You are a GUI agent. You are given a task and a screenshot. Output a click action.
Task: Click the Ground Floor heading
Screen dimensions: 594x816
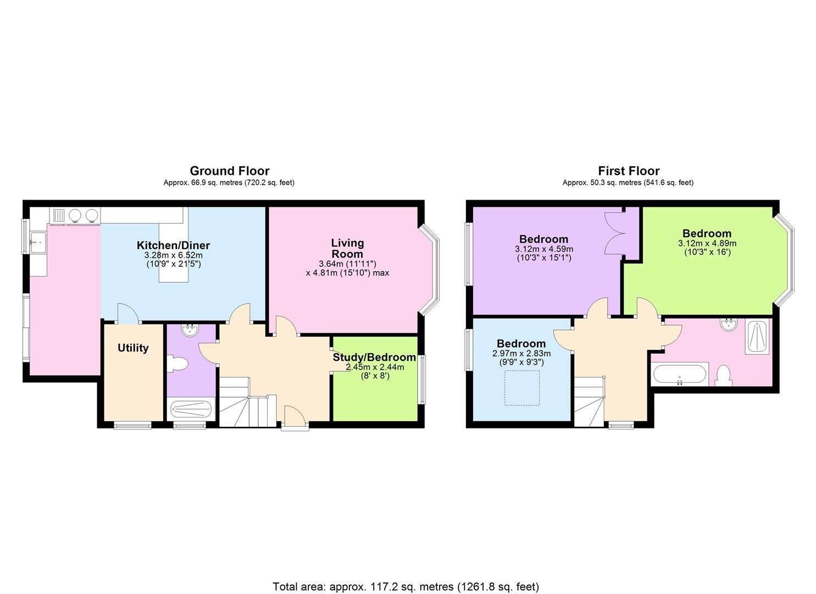[229, 170]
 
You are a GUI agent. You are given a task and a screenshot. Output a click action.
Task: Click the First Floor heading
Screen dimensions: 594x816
[628, 170]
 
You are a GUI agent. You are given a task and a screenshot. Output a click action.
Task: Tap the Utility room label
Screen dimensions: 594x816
[133, 348]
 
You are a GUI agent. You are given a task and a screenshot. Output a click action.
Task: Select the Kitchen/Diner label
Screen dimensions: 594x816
[173, 245]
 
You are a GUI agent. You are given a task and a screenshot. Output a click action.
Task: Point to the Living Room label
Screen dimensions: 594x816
[347, 248]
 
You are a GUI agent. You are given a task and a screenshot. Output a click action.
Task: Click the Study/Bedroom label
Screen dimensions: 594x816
[374, 357]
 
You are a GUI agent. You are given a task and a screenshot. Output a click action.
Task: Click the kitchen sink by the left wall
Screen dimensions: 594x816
[38, 239]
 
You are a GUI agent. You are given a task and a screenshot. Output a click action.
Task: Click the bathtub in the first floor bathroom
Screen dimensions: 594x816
[679, 375]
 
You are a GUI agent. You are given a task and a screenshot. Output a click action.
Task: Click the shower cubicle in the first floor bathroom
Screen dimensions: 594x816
[758, 337]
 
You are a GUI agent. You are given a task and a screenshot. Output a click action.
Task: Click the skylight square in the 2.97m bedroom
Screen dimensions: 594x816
[522, 388]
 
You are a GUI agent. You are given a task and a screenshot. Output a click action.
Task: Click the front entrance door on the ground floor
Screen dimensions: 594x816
[295, 415]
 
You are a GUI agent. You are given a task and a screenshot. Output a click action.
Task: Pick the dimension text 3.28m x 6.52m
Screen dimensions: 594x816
[173, 255]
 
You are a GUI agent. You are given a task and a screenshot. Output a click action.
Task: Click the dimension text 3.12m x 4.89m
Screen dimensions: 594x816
[707, 243]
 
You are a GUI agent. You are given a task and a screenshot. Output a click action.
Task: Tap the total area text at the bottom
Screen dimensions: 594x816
[406, 586]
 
